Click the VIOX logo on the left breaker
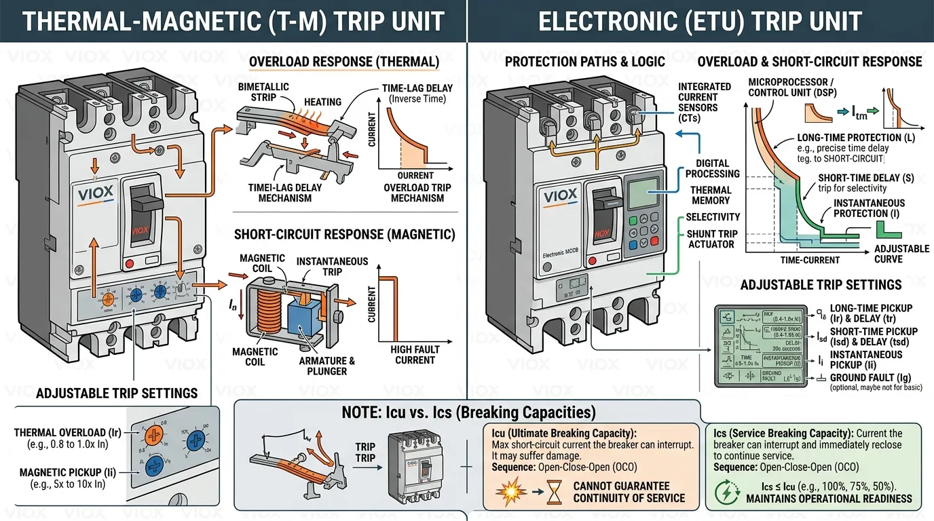pos(95,195)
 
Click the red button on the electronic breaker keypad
pos(654,242)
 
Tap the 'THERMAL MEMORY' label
pos(711,195)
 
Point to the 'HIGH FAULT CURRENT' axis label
pos(415,355)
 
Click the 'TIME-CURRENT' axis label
pos(810,260)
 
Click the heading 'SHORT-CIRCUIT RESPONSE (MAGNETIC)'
pos(344,235)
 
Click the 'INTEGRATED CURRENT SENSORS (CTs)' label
pos(705,102)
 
